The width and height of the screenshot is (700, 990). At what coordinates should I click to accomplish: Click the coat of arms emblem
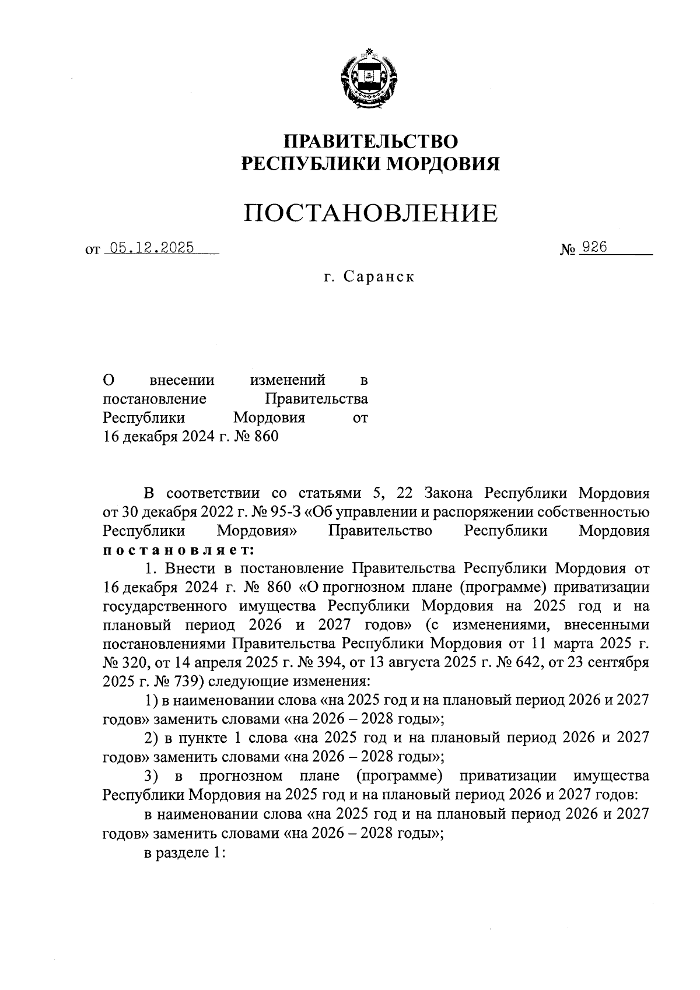370,77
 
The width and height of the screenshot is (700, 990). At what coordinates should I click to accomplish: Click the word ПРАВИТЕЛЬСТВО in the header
371,142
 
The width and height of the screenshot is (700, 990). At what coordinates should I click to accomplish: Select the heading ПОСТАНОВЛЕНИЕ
371,213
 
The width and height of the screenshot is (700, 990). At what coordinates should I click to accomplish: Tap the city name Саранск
379,276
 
